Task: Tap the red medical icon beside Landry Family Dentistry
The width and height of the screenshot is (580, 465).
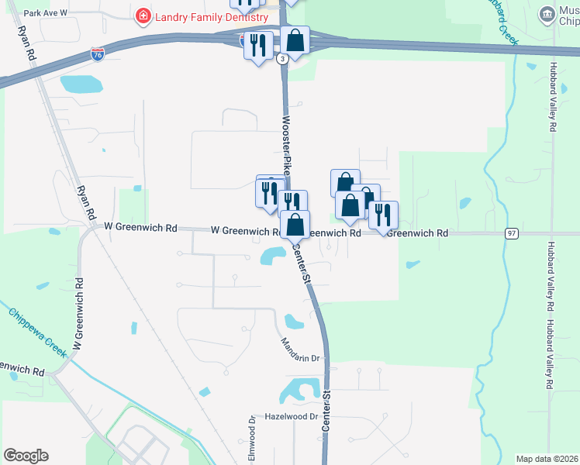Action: coord(143,15)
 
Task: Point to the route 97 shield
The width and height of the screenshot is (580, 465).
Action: coord(511,233)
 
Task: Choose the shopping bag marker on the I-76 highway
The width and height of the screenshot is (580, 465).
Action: coord(295,40)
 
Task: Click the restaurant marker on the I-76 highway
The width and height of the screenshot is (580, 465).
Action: coord(258,45)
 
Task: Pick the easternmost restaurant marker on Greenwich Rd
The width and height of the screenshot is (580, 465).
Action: coord(383,215)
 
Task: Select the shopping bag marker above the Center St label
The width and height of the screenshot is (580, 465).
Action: coord(295,225)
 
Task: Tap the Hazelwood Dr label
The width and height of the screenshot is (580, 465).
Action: coord(292,416)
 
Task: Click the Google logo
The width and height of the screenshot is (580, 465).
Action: coord(26,456)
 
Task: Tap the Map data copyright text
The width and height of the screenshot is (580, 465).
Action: coord(546,459)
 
